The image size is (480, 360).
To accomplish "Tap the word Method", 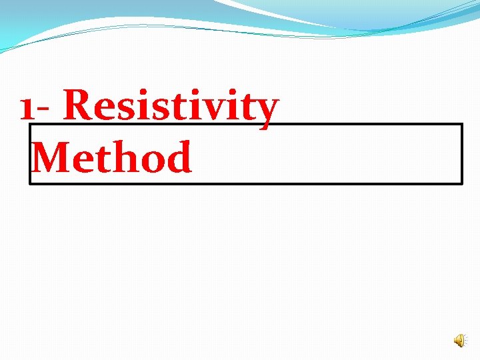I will point(112,157).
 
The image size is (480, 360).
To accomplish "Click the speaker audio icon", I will point(460,341).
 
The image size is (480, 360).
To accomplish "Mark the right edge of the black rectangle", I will point(461,153).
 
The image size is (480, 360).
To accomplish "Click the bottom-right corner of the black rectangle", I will point(461,183).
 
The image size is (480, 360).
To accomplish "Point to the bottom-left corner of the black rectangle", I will point(30,183).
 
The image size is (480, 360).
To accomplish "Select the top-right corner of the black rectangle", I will point(461,124).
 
